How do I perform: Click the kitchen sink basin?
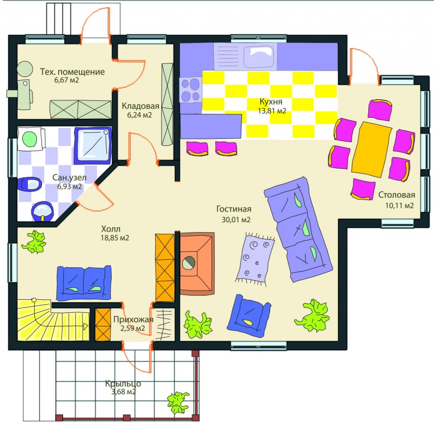click(x=259, y=56)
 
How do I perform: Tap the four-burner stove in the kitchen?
click(x=190, y=89)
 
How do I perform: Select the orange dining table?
click(x=372, y=149)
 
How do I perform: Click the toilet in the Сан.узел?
click(x=30, y=184)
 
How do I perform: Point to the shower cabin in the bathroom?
click(x=93, y=145)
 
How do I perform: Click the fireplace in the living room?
click(x=197, y=263)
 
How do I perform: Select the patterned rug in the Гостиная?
click(x=255, y=259)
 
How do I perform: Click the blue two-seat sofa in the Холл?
click(x=84, y=283)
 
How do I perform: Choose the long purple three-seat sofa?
click(x=298, y=229)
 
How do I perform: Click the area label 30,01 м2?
click(x=236, y=220)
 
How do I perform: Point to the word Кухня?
click(x=271, y=101)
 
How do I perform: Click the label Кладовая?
click(x=141, y=106)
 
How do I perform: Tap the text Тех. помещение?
click(x=73, y=72)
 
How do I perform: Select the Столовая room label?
click(x=397, y=195)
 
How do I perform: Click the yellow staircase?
click(x=53, y=320)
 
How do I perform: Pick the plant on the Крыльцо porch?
click(x=178, y=402)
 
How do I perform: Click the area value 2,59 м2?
click(x=132, y=329)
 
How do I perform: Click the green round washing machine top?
click(x=29, y=138)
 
